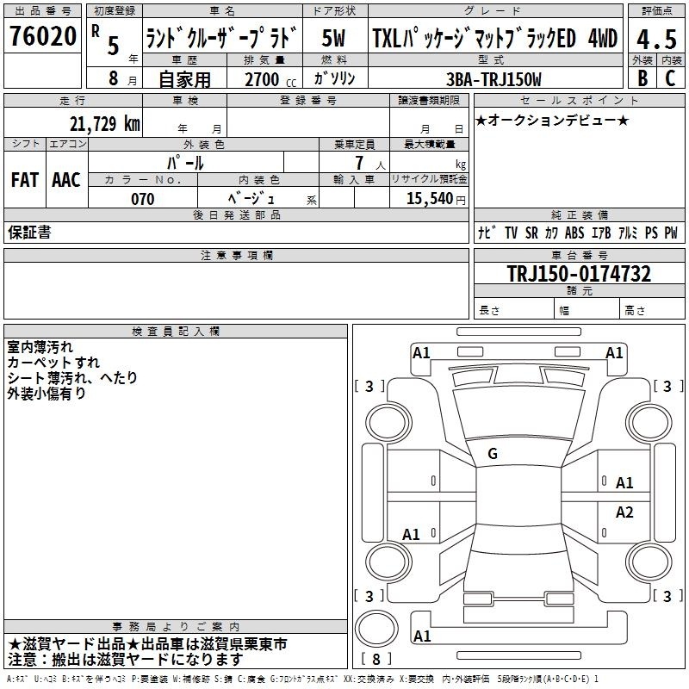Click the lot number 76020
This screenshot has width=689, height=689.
42,36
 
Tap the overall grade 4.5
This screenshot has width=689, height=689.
656,40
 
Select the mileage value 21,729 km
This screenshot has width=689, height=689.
104,124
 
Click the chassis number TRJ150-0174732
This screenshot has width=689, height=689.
579,274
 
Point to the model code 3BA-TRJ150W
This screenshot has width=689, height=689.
493,79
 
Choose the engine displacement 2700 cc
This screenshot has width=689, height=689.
270,79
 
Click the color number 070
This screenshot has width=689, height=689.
143,199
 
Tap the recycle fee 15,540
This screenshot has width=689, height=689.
430,198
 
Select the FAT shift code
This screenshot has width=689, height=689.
25,180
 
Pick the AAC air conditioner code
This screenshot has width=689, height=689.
66,180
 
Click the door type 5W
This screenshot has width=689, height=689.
333,38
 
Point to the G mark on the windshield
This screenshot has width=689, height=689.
493,454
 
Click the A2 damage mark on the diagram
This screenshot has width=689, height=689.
624,512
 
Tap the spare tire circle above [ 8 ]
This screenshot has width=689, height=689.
376,629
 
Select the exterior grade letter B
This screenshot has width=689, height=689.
642,78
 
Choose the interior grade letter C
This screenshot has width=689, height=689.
670,78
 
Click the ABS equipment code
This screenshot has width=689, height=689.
574,233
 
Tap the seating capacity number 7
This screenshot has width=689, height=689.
359,163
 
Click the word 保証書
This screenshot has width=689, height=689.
29,233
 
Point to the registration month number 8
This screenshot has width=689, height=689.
114,78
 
